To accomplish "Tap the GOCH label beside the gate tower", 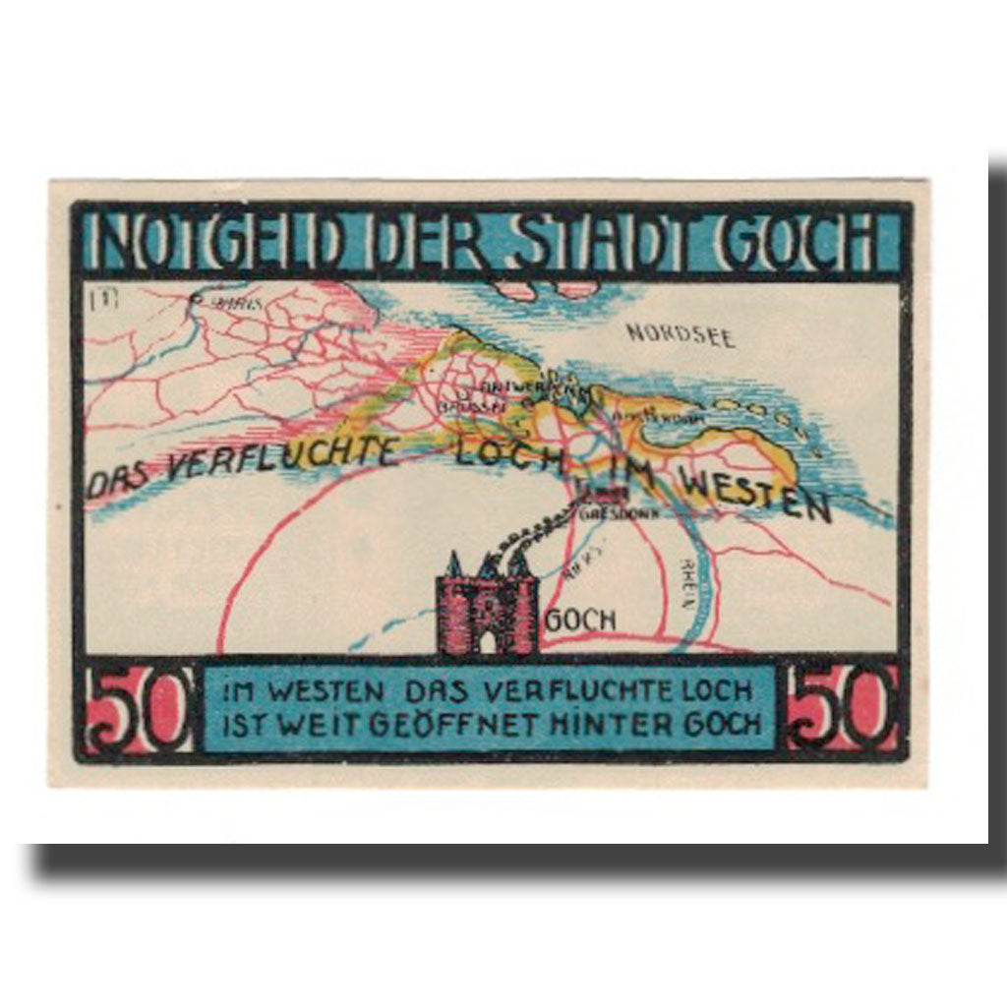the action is pyautogui.click(x=580, y=621).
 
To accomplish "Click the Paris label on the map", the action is pyautogui.click(x=237, y=303).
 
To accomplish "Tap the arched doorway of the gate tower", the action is pyautogui.click(x=488, y=642).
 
